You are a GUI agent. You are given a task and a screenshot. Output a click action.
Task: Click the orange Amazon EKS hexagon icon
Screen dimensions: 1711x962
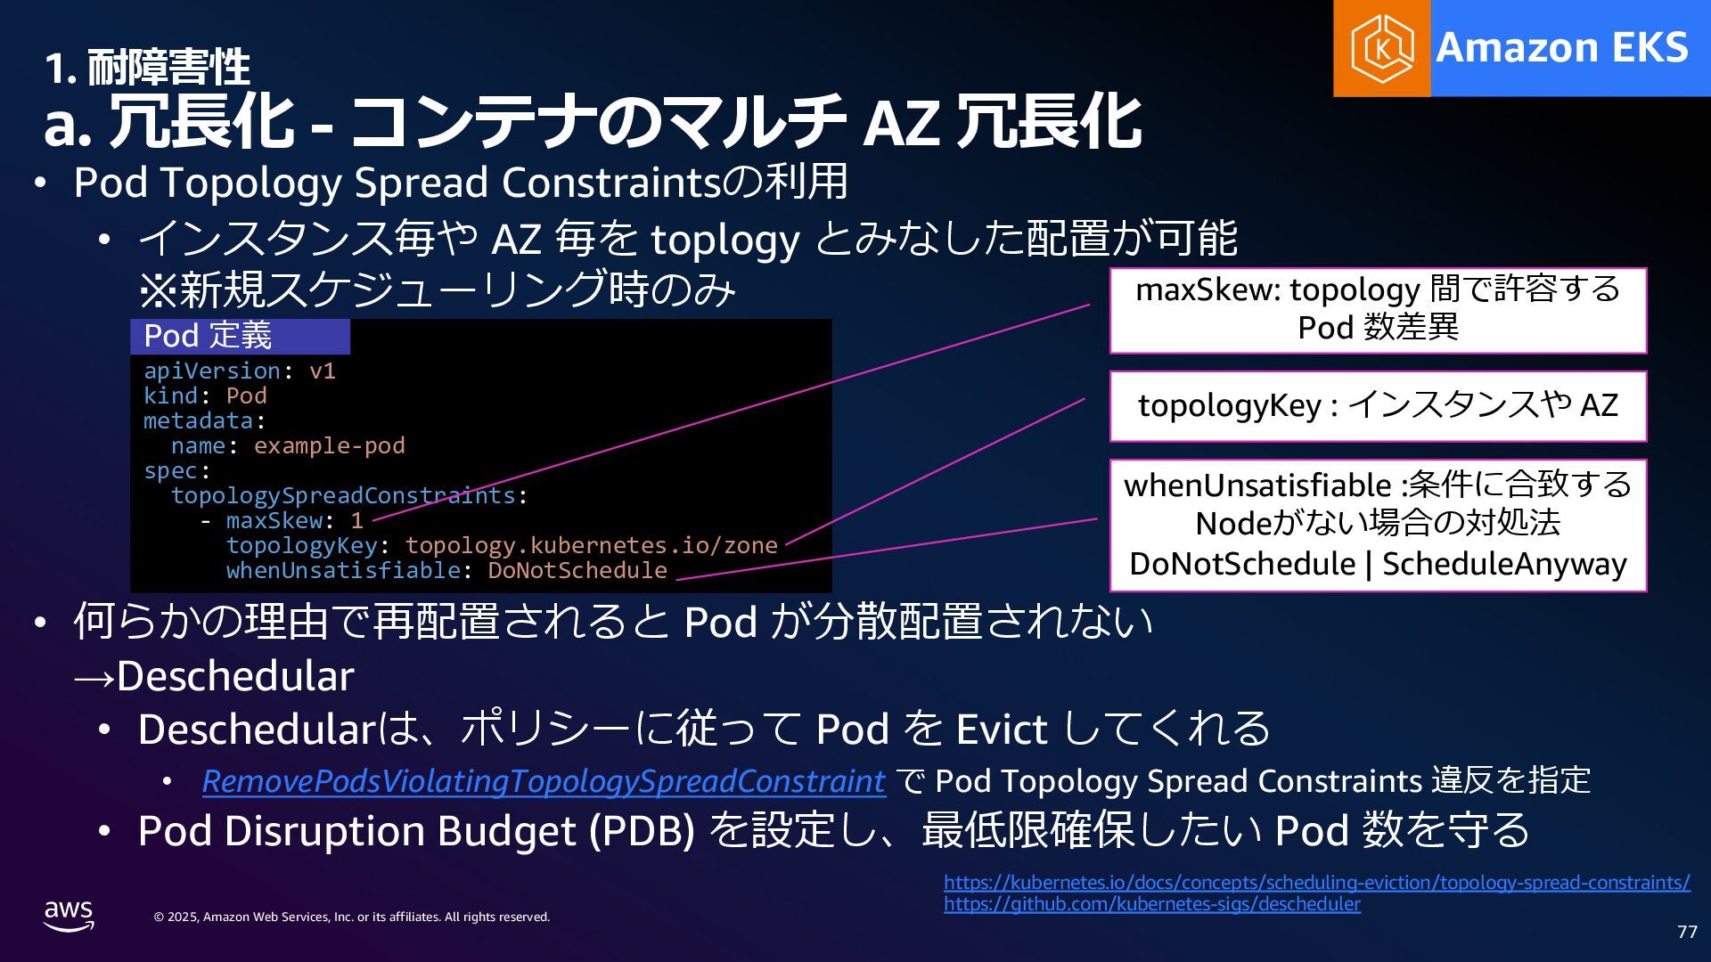tap(1381, 48)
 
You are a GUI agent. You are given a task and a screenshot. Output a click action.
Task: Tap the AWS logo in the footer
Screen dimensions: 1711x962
tap(69, 915)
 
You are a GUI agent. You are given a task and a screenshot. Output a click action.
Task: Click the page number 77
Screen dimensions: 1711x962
tap(1687, 932)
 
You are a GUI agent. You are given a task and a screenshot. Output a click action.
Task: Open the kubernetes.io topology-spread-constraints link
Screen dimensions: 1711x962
tap(1316, 883)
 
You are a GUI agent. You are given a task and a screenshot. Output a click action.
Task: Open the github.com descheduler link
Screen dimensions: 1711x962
tap(1151, 904)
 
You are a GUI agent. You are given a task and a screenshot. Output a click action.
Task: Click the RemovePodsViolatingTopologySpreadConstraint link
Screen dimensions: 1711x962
tap(543, 781)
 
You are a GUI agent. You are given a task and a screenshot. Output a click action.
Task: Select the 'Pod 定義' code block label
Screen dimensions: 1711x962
tap(208, 336)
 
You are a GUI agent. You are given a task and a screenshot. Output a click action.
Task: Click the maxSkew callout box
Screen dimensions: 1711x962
tap(1377, 309)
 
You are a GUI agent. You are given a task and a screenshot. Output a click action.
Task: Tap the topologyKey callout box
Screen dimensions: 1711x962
tap(1377, 405)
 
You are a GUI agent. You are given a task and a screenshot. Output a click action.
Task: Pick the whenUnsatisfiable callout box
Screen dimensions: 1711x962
tap(1377, 525)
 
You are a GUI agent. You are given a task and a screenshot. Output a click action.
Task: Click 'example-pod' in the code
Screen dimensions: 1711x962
tap(329, 445)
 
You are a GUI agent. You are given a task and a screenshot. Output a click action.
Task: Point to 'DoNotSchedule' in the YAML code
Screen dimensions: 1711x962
tap(577, 570)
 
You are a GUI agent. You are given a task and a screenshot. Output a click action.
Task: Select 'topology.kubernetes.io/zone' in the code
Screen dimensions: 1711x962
tap(591, 545)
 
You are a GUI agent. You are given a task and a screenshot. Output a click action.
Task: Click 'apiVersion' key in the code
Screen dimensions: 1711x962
tap(212, 371)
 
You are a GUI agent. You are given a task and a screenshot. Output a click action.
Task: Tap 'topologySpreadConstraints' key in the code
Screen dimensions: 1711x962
tap(343, 495)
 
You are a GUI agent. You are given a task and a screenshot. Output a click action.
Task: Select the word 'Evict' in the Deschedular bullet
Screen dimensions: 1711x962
tap(1001, 730)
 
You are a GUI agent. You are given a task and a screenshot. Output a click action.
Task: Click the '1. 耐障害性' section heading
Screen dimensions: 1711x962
tap(147, 68)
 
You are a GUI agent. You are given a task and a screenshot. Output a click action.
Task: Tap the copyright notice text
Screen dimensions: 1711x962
tap(351, 917)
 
